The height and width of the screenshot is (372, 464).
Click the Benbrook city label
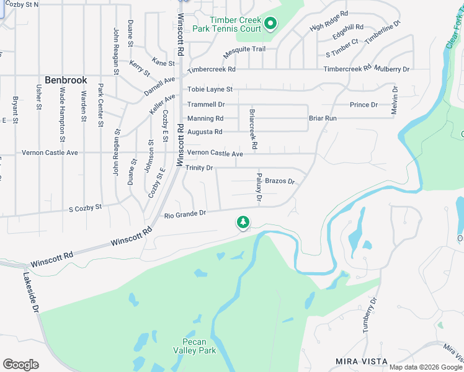(x=65, y=81)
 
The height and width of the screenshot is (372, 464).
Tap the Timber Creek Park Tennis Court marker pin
(x=270, y=24)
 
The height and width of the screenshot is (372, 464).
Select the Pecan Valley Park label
(x=199, y=346)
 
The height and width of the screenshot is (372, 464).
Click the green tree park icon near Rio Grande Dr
(x=243, y=222)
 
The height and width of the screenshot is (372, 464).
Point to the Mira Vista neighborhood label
(x=362, y=361)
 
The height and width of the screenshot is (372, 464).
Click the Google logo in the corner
(x=20, y=365)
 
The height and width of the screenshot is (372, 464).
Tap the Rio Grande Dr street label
(x=185, y=214)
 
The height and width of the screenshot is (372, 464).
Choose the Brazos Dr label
(x=279, y=181)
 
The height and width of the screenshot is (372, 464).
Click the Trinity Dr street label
(x=199, y=168)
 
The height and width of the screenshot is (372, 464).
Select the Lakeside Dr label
(x=31, y=292)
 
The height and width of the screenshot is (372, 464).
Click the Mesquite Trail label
(x=244, y=49)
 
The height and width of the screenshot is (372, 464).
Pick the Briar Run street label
(x=323, y=118)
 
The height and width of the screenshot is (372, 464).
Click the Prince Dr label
(x=364, y=105)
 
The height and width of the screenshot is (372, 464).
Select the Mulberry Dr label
(x=393, y=69)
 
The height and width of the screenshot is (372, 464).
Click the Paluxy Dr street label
(x=259, y=188)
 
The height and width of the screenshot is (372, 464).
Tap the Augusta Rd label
(x=205, y=132)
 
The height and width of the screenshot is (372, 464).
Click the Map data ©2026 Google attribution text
(x=425, y=367)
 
